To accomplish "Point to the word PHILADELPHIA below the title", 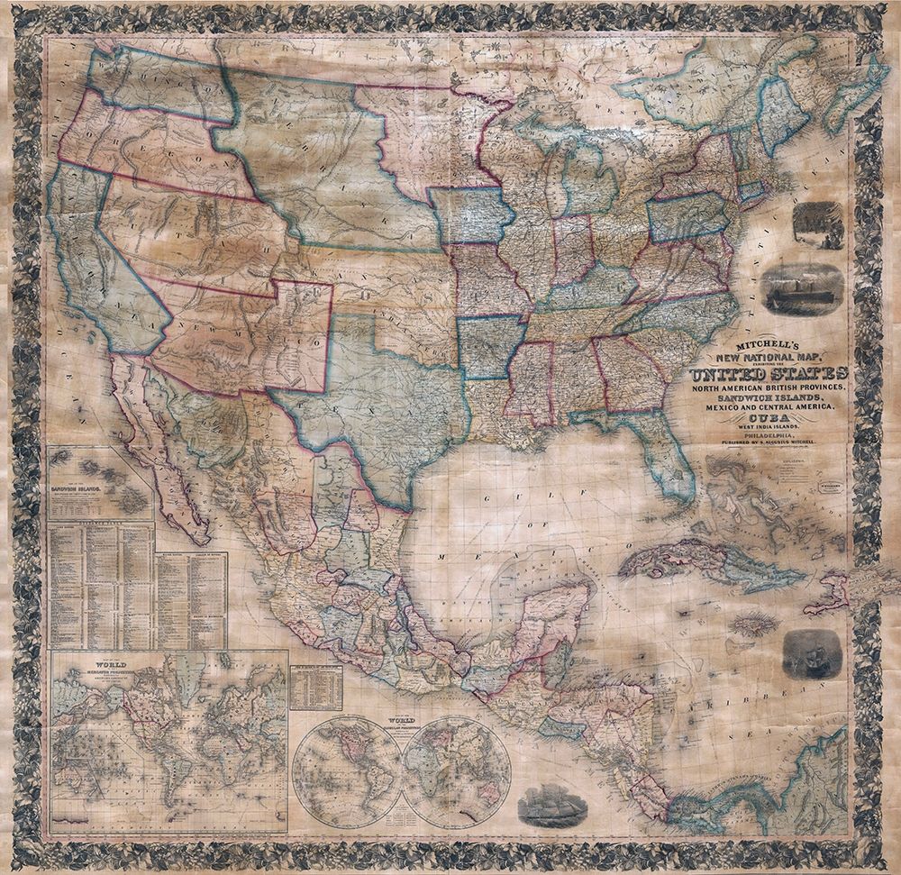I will coord(768,434).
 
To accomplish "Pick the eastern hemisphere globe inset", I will coord(455,770).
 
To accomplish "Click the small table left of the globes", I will coord(315,688).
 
